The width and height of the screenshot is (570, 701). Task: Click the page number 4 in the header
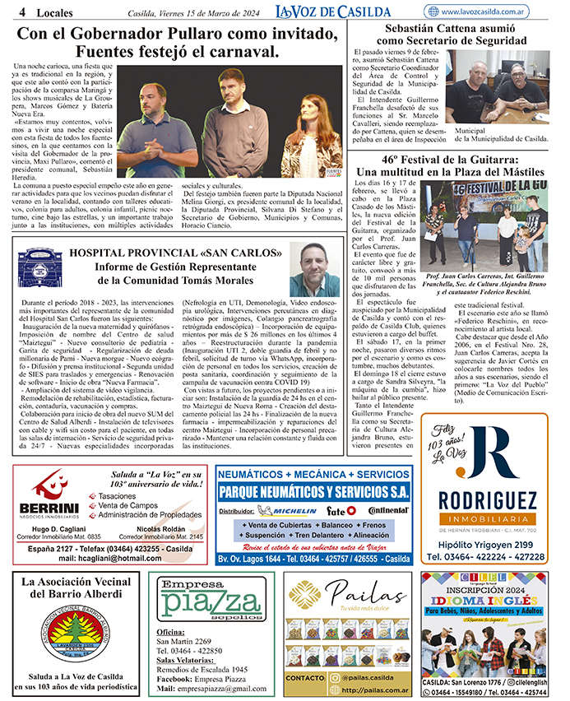pos(19,12)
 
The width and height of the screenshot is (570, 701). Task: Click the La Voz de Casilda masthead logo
pos(333,11)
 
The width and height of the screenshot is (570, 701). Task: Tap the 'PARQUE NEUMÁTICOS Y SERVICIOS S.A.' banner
pos(314,492)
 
